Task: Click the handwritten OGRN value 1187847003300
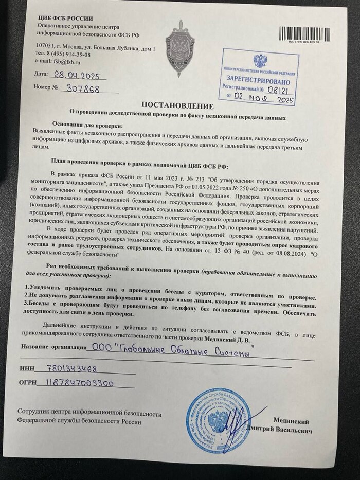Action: point(88,384)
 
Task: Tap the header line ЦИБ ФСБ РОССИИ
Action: point(60,19)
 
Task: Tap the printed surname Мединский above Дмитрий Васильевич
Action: point(294,420)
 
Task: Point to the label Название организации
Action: point(54,348)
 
